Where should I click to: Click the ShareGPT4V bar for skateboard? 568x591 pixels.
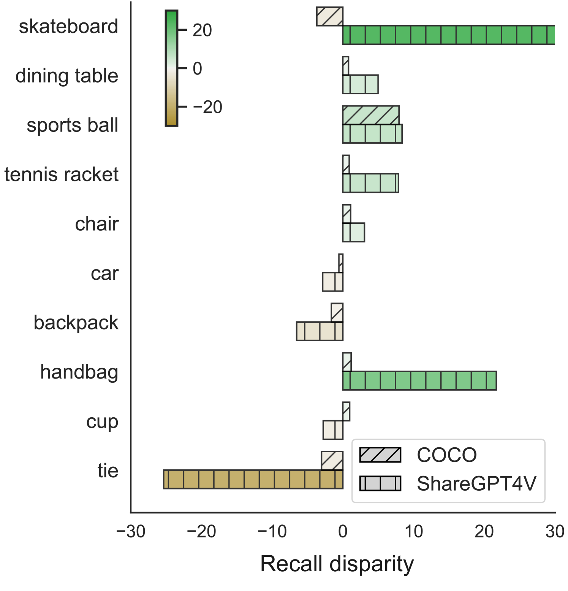coord(448,35)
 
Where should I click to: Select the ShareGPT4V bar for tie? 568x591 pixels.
coord(253,479)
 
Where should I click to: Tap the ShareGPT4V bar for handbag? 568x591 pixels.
coord(419,381)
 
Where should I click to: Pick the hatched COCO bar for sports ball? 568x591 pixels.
coord(371,115)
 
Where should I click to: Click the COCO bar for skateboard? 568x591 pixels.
coord(330,17)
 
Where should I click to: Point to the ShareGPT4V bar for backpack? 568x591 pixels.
coord(320,331)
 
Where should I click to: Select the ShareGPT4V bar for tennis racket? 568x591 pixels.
coord(371,183)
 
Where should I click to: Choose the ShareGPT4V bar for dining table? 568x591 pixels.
coord(361,84)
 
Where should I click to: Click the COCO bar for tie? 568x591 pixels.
coord(332,461)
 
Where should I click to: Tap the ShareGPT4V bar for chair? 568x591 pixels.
coord(354,233)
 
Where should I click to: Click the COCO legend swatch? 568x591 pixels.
coord(380,455)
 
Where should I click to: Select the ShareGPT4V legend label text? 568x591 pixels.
coord(476,483)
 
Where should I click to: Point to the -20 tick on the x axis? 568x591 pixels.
coord(201,531)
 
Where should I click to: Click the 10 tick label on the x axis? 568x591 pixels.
coord(413,531)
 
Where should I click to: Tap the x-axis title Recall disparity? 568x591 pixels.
coord(337,564)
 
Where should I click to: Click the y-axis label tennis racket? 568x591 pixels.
coord(62,174)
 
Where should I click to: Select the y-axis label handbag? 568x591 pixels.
coord(79,372)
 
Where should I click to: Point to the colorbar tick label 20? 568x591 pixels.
coord(202,30)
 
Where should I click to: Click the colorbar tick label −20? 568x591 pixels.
coord(207,107)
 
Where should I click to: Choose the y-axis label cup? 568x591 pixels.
coord(102,421)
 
